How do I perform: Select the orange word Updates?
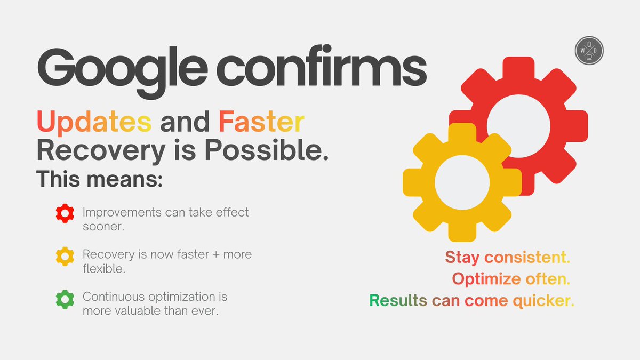(x=94, y=123)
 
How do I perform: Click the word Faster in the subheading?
(x=261, y=123)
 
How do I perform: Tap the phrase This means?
(x=99, y=179)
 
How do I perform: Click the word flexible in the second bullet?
(x=103, y=269)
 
